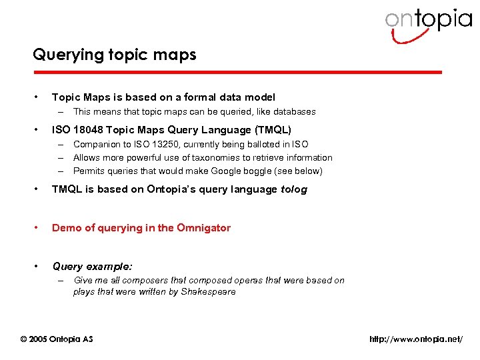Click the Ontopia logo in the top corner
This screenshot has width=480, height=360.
(x=427, y=24)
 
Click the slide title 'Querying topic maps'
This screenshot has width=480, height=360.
(x=115, y=55)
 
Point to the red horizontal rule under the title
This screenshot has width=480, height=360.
(x=237, y=72)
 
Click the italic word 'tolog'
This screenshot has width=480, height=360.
(x=294, y=189)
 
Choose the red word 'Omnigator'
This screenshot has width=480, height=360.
(x=203, y=228)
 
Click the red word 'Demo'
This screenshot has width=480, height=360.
(x=65, y=228)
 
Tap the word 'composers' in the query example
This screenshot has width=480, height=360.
(x=135, y=281)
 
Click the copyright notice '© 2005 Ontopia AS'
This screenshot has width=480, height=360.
(x=57, y=339)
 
